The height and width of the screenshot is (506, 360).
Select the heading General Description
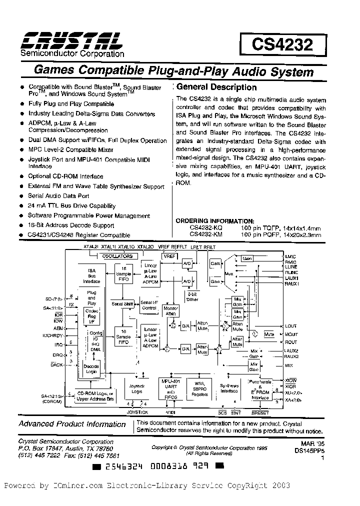[217, 87]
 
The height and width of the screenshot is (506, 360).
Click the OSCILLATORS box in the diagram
[117, 256]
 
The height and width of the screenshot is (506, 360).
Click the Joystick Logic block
[136, 388]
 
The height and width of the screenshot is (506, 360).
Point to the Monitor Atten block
[171, 310]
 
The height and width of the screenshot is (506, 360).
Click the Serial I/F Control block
[149, 305]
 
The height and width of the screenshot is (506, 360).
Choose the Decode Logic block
[91, 369]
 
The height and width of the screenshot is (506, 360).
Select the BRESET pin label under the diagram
[260, 413]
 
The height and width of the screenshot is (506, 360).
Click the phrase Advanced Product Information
[72, 424]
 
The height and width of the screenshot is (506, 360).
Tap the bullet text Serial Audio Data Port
[59, 196]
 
